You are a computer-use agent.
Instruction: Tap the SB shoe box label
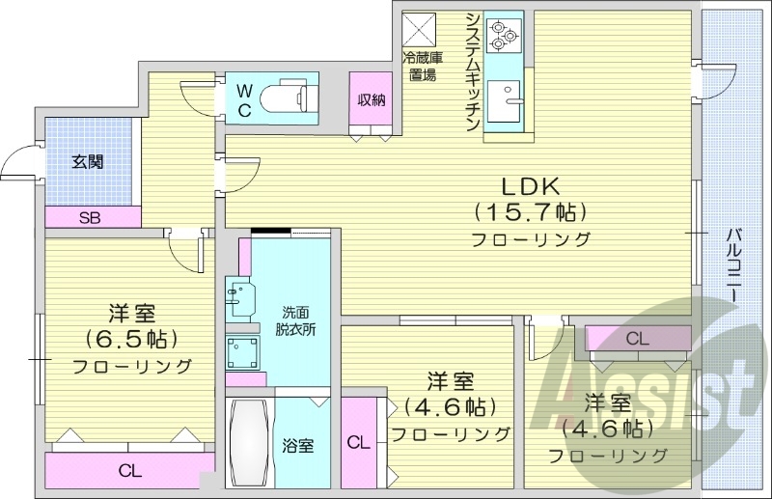coord(89,219)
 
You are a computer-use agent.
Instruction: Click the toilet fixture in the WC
coord(289,98)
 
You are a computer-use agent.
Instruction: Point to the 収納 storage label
coord(372,99)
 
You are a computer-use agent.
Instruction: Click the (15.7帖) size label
coord(529,211)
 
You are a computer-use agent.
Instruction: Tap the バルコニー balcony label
coord(733,265)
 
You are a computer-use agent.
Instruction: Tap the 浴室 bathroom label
coord(297,446)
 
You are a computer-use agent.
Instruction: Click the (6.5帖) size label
coord(131,339)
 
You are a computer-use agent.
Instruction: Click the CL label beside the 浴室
coord(358,444)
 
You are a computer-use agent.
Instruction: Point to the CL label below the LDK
coord(636,339)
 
